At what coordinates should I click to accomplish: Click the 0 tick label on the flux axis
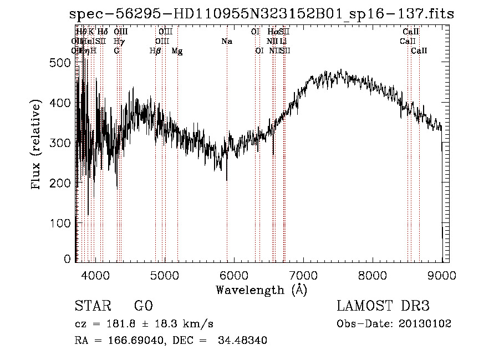click(x=68, y=259)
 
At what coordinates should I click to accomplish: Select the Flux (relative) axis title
click(x=37, y=146)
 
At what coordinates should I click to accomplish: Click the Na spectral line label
click(x=226, y=42)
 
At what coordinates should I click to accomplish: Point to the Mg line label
click(x=177, y=51)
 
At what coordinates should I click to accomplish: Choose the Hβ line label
click(x=155, y=51)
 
